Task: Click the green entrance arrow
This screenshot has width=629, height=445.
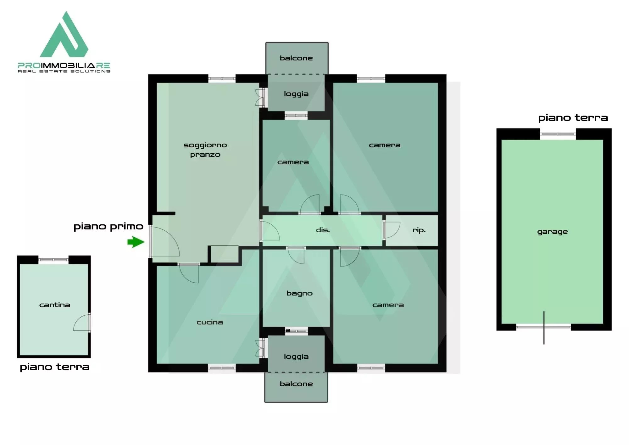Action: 136,242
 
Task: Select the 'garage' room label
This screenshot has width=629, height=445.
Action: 552,232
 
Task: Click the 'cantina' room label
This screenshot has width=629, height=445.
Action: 54,305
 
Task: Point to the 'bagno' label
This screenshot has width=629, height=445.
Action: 299,294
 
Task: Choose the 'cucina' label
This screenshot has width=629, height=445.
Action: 209,322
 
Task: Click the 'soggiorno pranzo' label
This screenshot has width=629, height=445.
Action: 205,150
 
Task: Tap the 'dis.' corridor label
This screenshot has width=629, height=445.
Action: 323,230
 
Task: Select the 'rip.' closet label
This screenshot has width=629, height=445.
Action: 419,230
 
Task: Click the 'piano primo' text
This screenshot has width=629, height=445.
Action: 108,227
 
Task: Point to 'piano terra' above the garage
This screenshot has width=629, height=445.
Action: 573,118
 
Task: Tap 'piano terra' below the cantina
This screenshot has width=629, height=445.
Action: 54,367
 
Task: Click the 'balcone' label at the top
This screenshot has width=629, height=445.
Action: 296,58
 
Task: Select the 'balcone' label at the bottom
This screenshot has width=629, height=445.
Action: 296,384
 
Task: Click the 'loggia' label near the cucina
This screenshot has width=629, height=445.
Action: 296,357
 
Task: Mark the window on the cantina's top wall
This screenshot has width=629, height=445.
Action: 53,260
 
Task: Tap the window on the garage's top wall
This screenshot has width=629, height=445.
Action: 558,134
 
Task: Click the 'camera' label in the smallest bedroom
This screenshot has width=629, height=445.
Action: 293,162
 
